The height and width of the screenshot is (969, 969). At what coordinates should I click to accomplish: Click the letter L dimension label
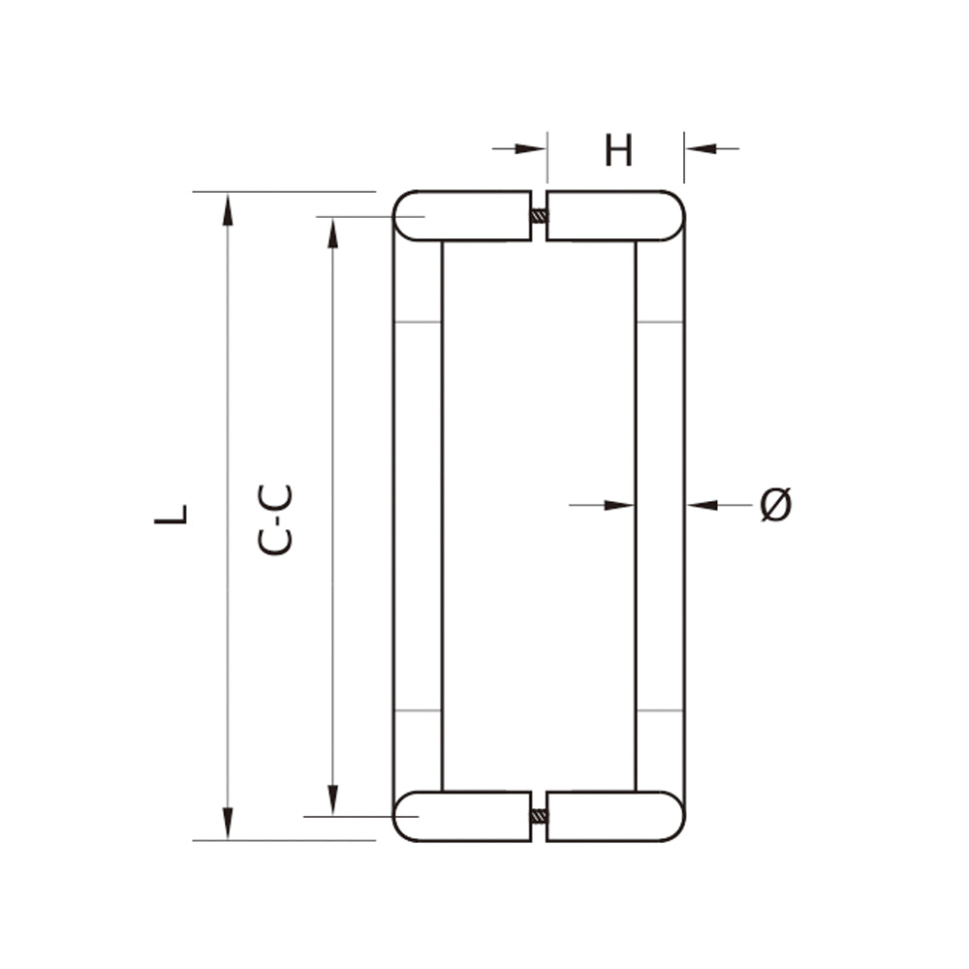coord(171,515)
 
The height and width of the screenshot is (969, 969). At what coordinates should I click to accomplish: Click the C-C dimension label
coord(275,519)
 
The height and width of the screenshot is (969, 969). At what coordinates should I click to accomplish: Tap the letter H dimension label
coord(618,151)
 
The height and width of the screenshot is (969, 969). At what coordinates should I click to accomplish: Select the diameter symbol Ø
coord(775,505)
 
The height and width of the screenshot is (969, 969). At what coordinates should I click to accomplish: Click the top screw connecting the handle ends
coord(539,216)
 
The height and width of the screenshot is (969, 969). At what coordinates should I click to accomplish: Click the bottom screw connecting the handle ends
coord(539,816)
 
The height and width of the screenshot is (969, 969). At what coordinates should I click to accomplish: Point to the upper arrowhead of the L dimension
coord(228,208)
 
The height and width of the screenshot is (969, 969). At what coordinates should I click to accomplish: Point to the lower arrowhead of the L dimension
coord(228,823)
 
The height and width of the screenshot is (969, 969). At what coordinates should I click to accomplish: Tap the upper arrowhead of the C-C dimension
coord(332,233)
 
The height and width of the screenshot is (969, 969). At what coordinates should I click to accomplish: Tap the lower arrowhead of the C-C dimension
coord(332,799)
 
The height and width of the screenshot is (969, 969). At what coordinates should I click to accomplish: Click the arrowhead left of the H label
coord(532,148)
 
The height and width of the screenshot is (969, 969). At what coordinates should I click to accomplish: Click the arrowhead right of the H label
coord(700,148)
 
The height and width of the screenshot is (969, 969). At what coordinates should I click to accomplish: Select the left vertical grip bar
coord(418,514)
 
